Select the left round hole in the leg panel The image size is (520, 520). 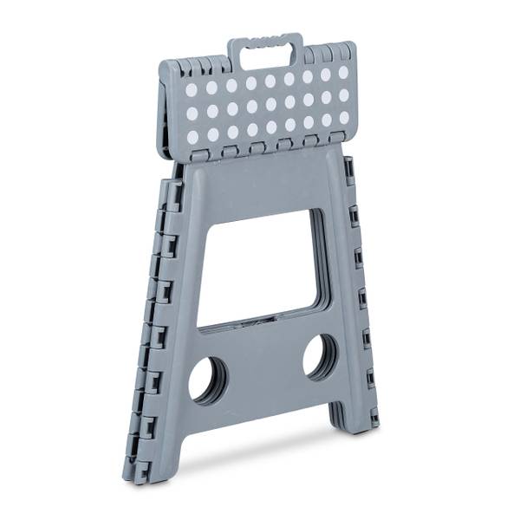click(209, 380)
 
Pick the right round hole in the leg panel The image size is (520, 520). click(320, 356)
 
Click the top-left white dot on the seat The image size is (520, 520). click(192, 90)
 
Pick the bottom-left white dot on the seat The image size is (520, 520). click(193, 137)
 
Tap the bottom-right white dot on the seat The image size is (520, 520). click(344, 117)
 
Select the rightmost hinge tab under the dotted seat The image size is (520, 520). click(336, 138)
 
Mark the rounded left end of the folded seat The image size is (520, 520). click(166, 113)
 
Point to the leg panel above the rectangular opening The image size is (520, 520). click(260, 186)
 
